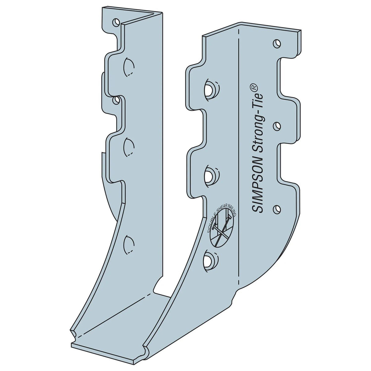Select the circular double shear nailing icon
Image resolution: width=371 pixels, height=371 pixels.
(222, 225)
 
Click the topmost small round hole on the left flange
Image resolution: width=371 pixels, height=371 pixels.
(116, 22)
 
